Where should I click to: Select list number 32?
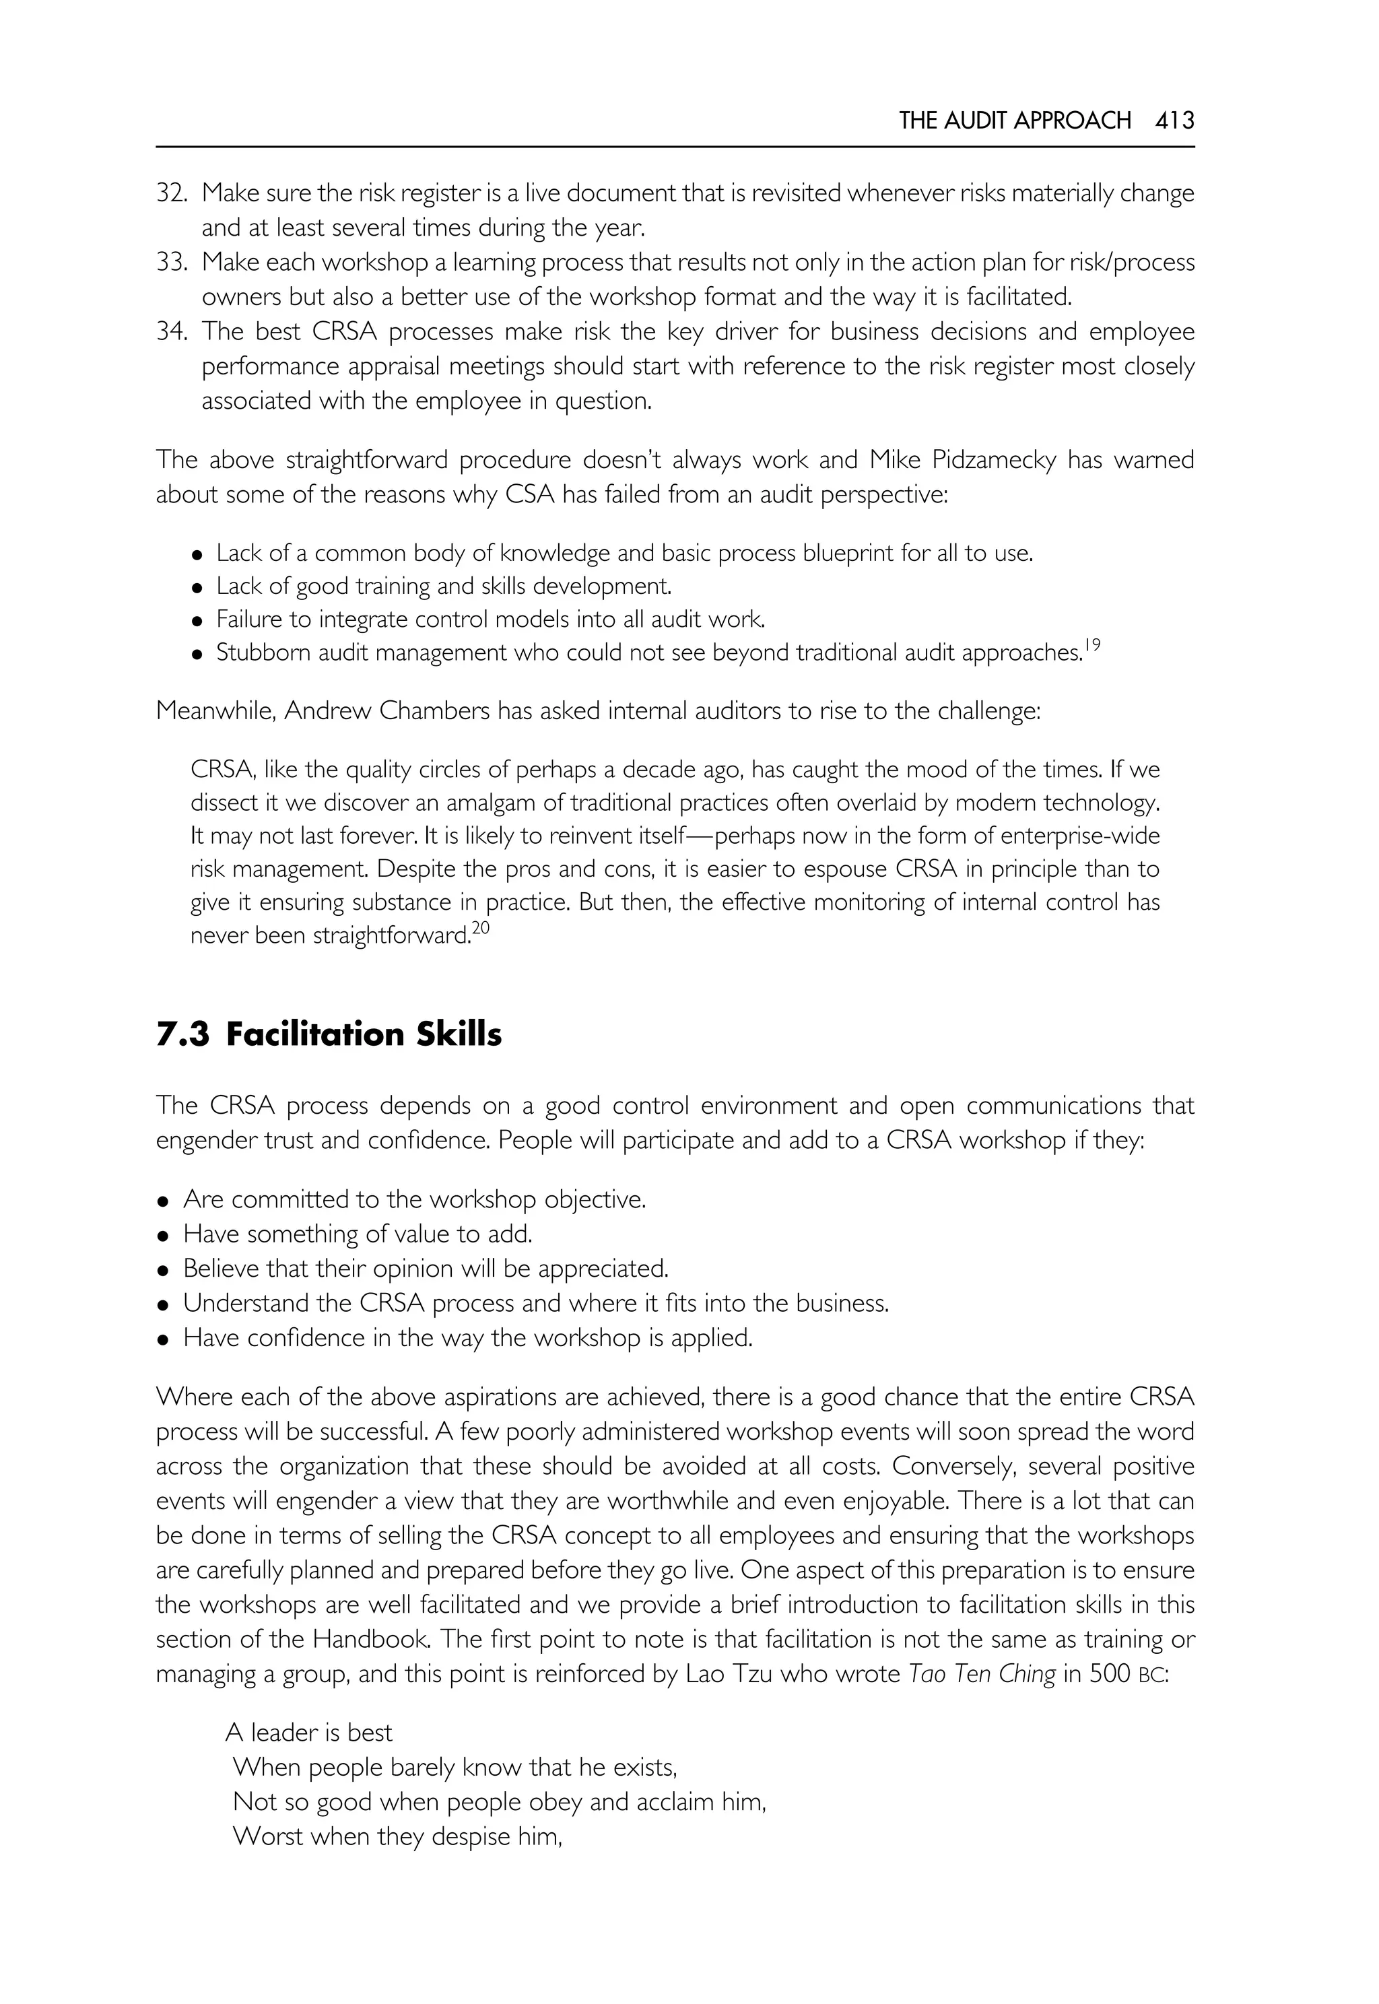tap(171, 193)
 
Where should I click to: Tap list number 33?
tap(171, 263)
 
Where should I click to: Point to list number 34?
tap(171, 332)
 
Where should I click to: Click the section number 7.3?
tap(182, 1034)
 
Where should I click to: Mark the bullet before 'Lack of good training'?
tap(198, 589)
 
